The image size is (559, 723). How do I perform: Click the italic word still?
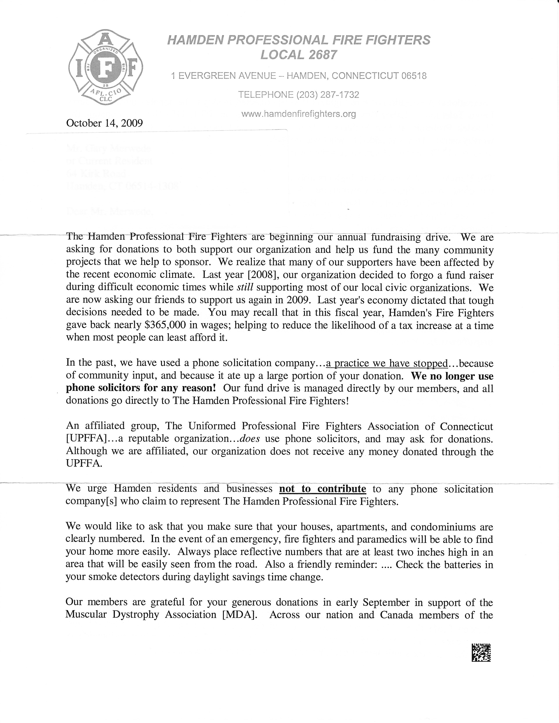click(x=245, y=287)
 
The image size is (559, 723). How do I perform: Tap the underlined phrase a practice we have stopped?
click(x=386, y=363)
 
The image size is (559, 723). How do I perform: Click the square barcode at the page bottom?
click(x=481, y=652)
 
